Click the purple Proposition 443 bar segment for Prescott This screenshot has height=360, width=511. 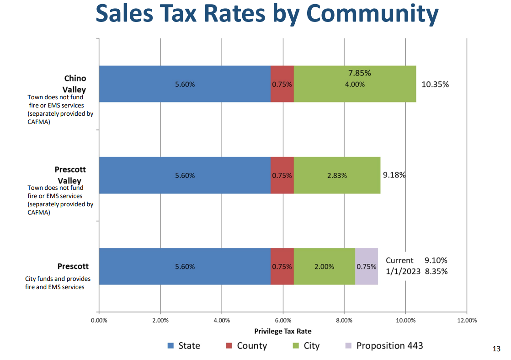(x=367, y=266)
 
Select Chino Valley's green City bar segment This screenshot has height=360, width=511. (x=355, y=84)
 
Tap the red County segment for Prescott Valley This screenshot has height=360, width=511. (x=282, y=175)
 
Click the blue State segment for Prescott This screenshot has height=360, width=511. (x=185, y=266)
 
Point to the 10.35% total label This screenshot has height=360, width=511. (x=435, y=85)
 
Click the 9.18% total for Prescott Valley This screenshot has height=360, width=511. (x=394, y=175)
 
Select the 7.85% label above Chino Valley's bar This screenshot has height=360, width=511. (x=360, y=73)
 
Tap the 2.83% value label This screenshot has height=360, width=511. (x=337, y=176)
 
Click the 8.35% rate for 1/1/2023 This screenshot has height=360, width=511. (x=436, y=271)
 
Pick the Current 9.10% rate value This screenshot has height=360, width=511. (x=436, y=260)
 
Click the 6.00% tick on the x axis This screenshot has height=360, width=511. (x=283, y=321)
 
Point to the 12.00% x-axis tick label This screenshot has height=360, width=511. (x=467, y=321)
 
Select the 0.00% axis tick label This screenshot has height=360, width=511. (x=99, y=321)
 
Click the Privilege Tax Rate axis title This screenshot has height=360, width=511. (x=283, y=331)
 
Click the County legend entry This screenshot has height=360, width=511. (x=246, y=346)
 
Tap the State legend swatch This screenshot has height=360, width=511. (x=170, y=346)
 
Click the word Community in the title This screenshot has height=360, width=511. (x=373, y=14)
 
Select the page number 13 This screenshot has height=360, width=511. (x=496, y=349)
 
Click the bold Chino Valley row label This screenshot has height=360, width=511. (x=75, y=84)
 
